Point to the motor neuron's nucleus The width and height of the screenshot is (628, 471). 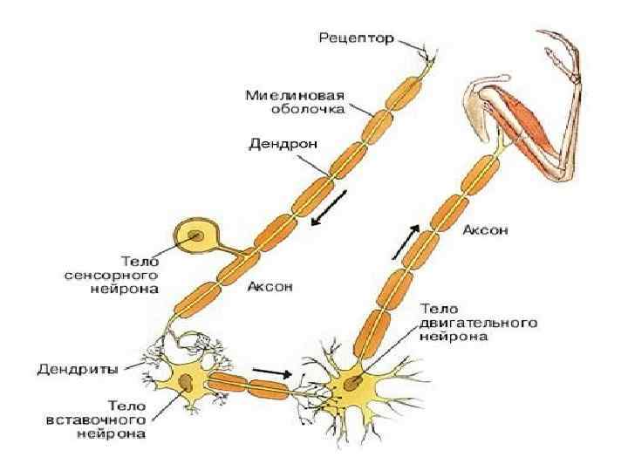coord(351,381)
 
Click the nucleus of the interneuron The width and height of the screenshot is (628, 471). coord(188,379)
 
